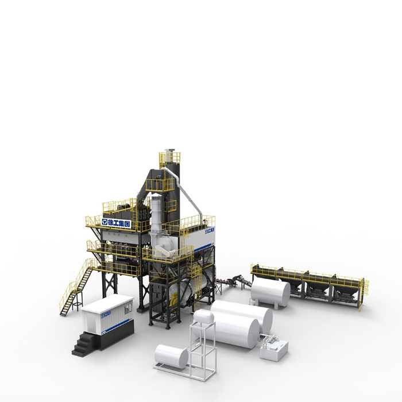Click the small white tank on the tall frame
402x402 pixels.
[x=203, y=316]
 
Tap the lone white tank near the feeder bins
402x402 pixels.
[x=270, y=292]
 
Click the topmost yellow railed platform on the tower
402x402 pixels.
[x=169, y=157]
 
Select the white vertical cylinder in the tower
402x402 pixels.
[x=157, y=212]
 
